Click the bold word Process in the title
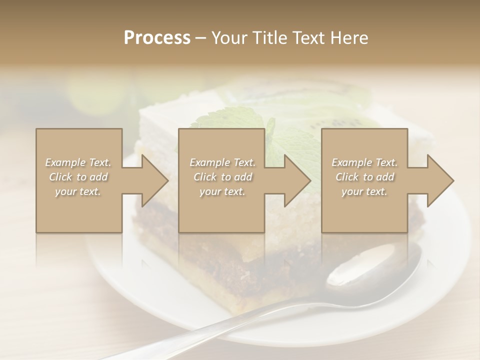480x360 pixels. tap(157, 38)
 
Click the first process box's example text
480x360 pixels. tap(78, 177)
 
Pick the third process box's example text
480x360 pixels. tap(364, 177)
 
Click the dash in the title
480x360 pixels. tap(201, 38)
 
